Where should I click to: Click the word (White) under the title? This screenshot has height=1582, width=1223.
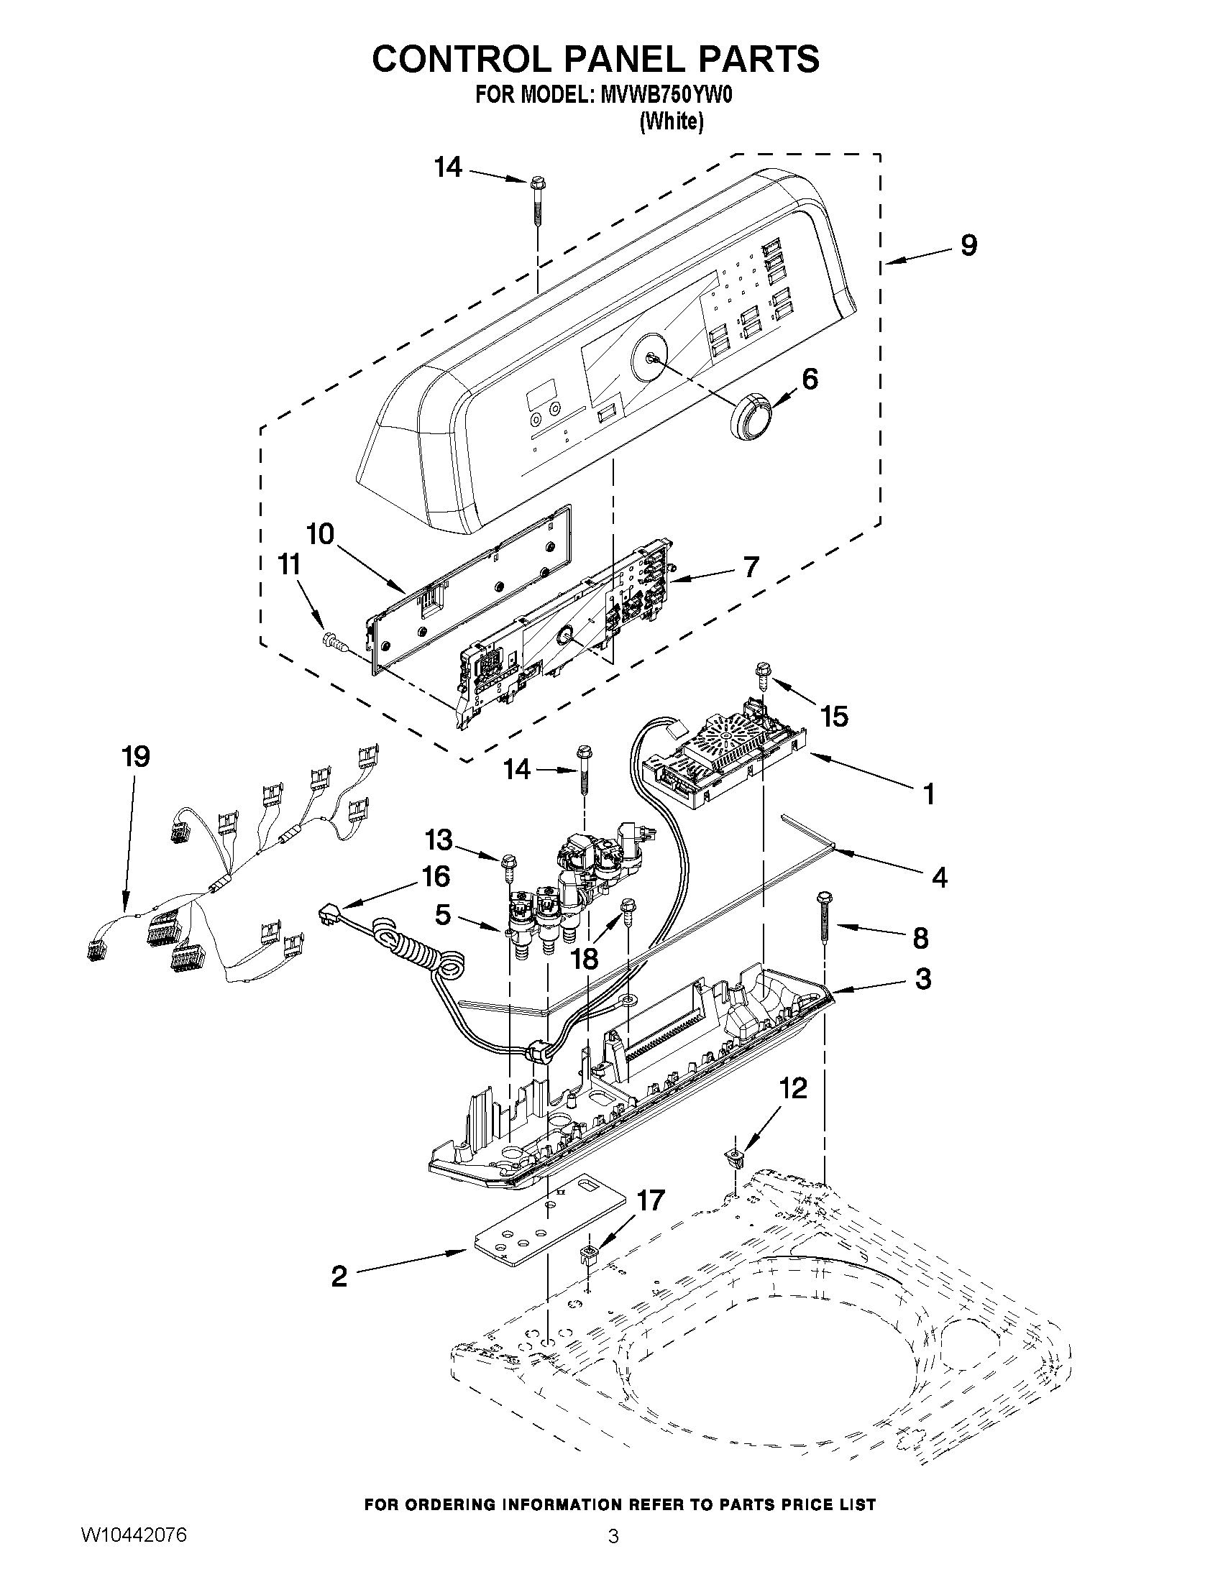click(x=671, y=121)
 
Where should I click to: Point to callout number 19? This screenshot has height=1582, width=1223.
click(x=135, y=756)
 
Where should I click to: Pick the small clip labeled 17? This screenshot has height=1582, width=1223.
click(x=589, y=1254)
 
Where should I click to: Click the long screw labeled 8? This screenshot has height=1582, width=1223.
click(x=825, y=919)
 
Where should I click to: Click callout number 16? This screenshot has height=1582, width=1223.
click(x=436, y=876)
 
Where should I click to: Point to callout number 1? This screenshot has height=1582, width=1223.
click(x=928, y=794)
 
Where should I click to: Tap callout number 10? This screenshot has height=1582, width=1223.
click(x=319, y=535)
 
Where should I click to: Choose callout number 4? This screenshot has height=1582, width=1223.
click(x=939, y=878)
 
